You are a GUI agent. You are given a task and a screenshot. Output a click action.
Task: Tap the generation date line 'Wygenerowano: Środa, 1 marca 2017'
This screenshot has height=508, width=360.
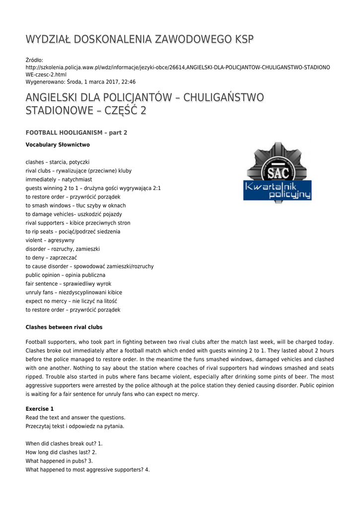[x=80, y=82]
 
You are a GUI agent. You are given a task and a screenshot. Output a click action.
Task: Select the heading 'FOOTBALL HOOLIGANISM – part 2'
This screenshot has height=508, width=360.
[x=76, y=132]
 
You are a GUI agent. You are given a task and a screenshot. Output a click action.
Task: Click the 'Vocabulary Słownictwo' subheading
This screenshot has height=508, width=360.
[x=58, y=145]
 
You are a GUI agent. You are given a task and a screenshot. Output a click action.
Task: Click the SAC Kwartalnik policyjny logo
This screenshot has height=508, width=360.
[x=277, y=173]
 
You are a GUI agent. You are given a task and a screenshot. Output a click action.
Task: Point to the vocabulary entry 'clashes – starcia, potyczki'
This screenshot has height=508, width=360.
[x=58, y=162]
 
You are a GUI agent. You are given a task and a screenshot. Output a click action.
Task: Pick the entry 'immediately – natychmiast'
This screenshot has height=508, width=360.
[x=59, y=180]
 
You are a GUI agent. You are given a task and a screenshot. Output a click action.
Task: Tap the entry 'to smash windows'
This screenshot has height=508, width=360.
[x=75, y=205]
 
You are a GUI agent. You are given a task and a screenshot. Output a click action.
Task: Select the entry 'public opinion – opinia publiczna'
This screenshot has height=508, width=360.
[x=66, y=275]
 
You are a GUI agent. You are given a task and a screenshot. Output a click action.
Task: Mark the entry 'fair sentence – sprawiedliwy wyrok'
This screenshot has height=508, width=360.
[x=69, y=284]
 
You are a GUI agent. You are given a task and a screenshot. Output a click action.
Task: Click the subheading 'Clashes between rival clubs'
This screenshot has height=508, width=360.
[x=64, y=327]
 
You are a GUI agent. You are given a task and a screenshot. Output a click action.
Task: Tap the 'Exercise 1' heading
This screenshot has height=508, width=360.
[x=40, y=409]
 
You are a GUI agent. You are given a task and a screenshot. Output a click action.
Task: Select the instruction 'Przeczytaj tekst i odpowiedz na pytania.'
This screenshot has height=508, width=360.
[x=75, y=426]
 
